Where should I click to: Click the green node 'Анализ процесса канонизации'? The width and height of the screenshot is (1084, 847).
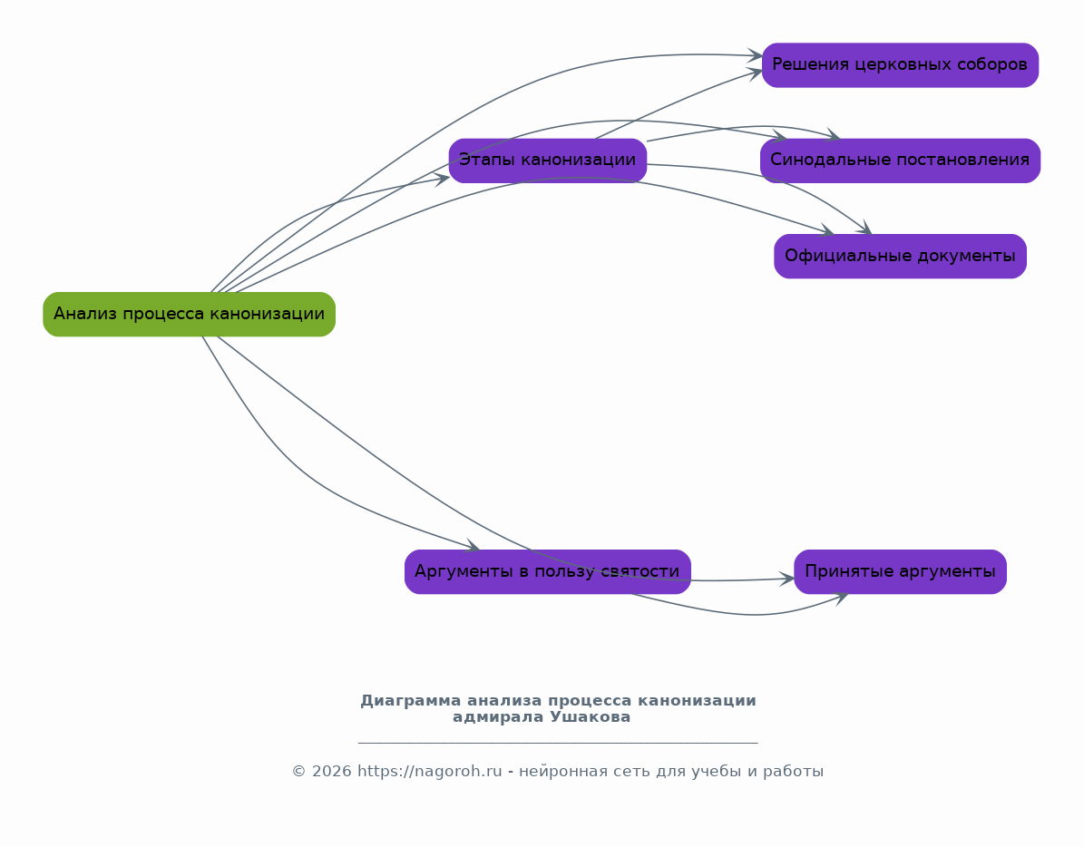tap(189, 315)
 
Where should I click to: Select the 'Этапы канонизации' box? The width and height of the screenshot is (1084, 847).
tap(548, 161)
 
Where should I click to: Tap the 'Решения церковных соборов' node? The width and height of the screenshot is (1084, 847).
tap(900, 65)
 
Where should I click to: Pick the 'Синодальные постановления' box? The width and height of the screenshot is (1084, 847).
tap(900, 161)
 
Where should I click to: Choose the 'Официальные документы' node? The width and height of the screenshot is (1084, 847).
tap(900, 257)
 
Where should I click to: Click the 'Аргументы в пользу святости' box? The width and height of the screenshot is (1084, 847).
tap(548, 572)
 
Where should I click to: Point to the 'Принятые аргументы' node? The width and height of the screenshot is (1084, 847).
tap(900, 572)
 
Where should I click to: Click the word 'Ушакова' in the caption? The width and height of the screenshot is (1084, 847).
tap(591, 717)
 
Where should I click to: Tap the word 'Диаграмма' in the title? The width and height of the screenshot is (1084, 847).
tap(411, 701)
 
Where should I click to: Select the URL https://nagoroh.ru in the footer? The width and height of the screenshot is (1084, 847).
tap(429, 772)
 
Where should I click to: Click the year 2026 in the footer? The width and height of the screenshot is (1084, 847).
tap(331, 772)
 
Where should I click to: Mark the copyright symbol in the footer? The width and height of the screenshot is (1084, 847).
tap(298, 772)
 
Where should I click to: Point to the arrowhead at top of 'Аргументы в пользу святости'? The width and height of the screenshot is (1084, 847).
tap(473, 546)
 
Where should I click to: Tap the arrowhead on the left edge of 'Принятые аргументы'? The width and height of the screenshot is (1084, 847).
tap(786, 579)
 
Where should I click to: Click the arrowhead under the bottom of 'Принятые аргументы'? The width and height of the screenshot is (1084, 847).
tap(841, 599)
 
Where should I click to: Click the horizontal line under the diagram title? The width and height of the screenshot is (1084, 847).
tap(558, 743)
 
